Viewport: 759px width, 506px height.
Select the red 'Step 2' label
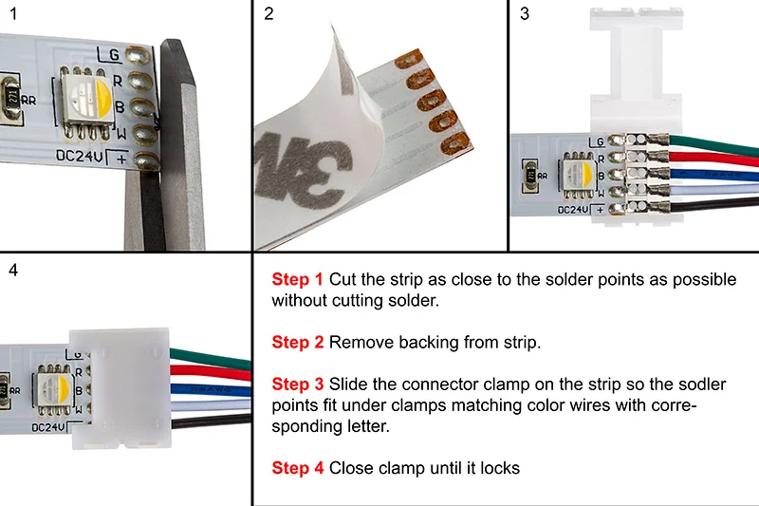[297, 342]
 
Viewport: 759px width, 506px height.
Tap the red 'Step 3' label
[297, 384]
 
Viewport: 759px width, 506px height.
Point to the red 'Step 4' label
[297, 468]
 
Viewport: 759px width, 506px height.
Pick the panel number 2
[269, 13]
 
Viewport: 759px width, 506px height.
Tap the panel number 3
[525, 13]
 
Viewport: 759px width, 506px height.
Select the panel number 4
[11, 270]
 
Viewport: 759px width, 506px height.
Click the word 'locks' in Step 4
[499, 468]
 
